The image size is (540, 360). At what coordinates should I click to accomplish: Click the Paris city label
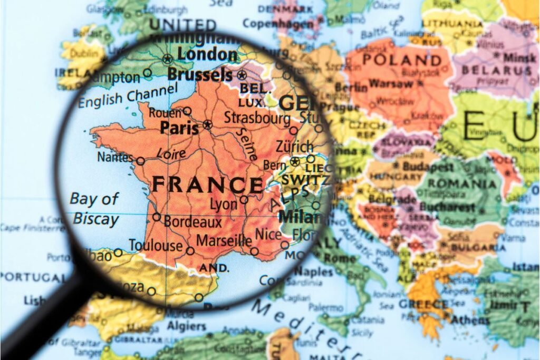click(179, 128)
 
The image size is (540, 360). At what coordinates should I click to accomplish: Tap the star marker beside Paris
click(207, 125)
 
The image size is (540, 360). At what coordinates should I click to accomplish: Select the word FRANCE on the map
click(207, 185)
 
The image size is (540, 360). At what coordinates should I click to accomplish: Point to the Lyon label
click(224, 203)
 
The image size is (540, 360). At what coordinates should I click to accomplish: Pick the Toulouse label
click(156, 246)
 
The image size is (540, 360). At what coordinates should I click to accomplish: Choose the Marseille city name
click(224, 241)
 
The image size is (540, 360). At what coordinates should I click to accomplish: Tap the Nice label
click(268, 234)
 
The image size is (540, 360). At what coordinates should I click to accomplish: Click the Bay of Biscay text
click(95, 208)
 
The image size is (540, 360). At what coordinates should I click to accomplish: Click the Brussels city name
click(200, 74)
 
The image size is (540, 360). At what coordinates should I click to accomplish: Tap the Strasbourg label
click(257, 117)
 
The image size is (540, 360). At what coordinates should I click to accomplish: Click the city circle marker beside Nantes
click(141, 161)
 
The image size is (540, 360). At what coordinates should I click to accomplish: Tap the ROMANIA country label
click(462, 184)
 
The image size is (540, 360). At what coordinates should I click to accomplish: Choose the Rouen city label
click(165, 112)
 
